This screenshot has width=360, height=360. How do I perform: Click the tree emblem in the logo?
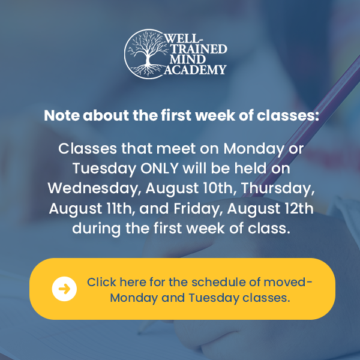[x=148, y=54]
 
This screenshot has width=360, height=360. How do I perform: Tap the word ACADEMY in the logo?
[x=196, y=70]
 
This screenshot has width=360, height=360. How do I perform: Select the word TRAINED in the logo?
[x=199, y=49]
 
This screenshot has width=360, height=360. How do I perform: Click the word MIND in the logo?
[x=187, y=59]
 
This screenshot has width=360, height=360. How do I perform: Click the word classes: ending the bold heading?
[x=288, y=115]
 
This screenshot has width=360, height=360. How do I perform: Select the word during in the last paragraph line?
[x=97, y=229]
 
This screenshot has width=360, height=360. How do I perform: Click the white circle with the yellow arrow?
[x=64, y=289]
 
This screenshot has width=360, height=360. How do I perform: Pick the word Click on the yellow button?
[x=101, y=282]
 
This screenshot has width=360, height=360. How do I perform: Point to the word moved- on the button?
[x=288, y=282]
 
